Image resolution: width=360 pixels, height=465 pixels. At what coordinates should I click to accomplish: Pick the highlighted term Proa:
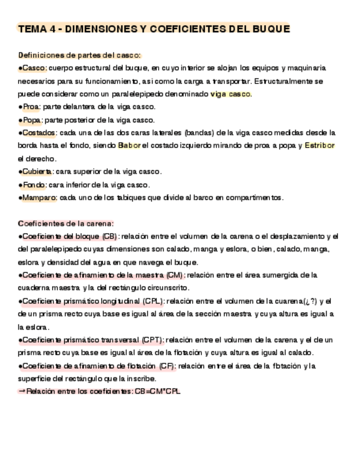(32, 107)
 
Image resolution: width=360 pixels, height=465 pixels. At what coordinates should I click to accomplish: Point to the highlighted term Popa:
(33, 120)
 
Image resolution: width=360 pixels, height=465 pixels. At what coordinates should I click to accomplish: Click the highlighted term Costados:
(39, 133)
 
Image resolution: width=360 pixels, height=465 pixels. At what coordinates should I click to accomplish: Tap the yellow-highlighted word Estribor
(319, 146)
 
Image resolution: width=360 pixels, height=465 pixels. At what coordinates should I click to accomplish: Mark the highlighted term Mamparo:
(39, 197)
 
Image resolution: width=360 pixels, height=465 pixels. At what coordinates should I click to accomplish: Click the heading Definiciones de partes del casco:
(80, 55)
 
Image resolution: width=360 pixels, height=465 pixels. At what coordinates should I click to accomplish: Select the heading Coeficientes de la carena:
(66, 223)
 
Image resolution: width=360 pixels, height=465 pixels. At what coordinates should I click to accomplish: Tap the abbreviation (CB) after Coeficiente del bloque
(109, 236)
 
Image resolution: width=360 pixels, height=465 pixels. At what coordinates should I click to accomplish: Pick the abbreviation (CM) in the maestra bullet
(175, 275)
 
